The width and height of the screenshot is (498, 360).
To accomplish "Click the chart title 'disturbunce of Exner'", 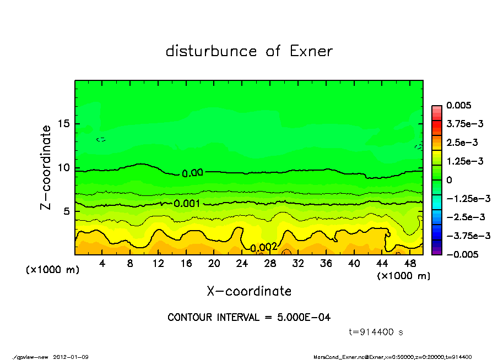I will pyautogui.click(x=249, y=51).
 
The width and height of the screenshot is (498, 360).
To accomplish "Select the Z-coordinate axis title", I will pyautogui.click(x=46, y=167).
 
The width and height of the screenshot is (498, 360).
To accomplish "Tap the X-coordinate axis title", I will pyautogui.click(x=249, y=291).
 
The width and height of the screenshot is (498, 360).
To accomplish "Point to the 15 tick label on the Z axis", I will pyautogui.click(x=63, y=124).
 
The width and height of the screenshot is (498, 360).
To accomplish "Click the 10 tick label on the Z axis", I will pyautogui.click(x=63, y=168).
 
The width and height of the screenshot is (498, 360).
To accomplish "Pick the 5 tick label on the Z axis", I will pyautogui.click(x=67, y=211).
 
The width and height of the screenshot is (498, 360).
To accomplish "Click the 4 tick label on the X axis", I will pyautogui.click(x=102, y=264).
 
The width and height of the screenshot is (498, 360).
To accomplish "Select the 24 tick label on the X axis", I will pyautogui.click(x=242, y=264).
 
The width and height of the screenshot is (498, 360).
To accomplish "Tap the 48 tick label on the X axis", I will pyautogui.click(x=410, y=264).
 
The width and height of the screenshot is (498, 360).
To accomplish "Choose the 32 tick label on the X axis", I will pyautogui.click(x=298, y=264).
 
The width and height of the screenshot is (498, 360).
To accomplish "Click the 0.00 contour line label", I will pyautogui.click(x=192, y=173).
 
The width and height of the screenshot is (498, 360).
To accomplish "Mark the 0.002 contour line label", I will pyautogui.click(x=263, y=248).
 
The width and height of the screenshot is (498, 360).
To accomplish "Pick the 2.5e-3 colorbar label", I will pyautogui.click(x=462, y=143).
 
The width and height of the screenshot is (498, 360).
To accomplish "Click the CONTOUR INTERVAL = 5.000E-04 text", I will pyautogui.click(x=249, y=318).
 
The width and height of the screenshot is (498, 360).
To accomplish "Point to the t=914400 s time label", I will pyautogui.click(x=377, y=332).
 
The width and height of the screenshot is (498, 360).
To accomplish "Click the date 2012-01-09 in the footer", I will pyautogui.click(x=71, y=357).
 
